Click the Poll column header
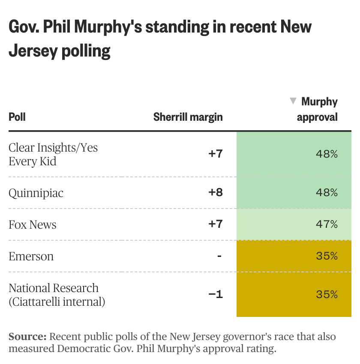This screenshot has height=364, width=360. tap(17, 117)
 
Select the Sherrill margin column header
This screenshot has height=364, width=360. tap(188, 117)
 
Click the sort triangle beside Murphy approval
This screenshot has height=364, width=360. tap(293, 101)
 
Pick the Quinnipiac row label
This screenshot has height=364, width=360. tap(36, 193)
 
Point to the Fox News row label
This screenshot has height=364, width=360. tap(33, 225)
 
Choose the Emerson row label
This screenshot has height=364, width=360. tap(31, 257)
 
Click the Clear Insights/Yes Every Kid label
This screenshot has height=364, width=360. tap(53, 155)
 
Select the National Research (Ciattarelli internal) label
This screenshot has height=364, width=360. tap(57, 295)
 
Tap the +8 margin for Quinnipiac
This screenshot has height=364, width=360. tap(216, 193)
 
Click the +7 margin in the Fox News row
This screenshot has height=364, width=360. tap(216, 224)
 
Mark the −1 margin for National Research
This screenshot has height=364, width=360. tap(216, 295)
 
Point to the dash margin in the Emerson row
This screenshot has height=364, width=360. tap(219, 256)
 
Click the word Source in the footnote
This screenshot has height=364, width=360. tap(27, 337)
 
